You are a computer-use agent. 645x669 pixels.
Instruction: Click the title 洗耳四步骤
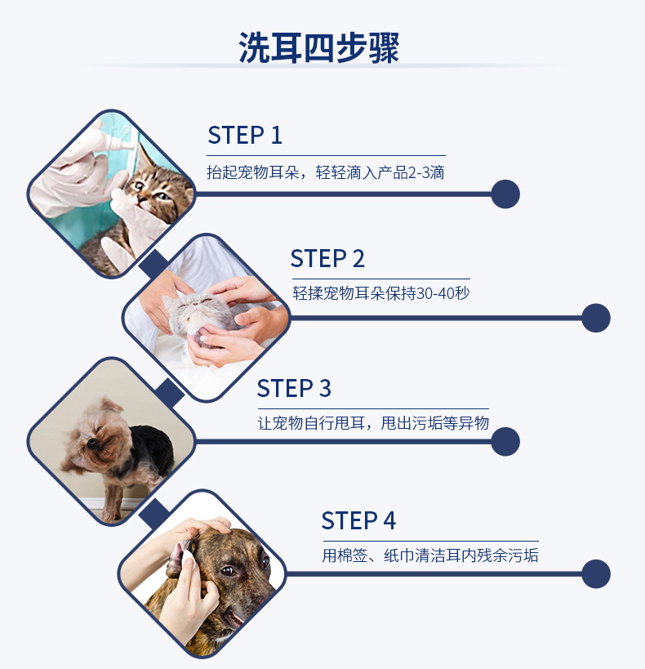pos(318,47)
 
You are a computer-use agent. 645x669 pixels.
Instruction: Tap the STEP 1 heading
pos(245,136)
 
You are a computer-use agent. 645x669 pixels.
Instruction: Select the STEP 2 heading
pos(327,259)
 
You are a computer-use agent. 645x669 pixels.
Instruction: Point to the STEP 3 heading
pos(294,388)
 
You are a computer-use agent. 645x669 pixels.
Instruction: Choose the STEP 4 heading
pos(358,520)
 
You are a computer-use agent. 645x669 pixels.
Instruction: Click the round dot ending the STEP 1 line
pos(505,194)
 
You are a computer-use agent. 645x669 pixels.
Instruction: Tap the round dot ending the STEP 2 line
pos(596,318)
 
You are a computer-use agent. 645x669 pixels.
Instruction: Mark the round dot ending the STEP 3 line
pos(505,442)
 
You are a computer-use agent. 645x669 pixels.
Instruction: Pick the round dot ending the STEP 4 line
pos(596,574)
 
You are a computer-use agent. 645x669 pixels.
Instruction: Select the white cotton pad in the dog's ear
pos(189,560)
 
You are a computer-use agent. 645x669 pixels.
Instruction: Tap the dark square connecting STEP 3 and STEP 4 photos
pos(154,514)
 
